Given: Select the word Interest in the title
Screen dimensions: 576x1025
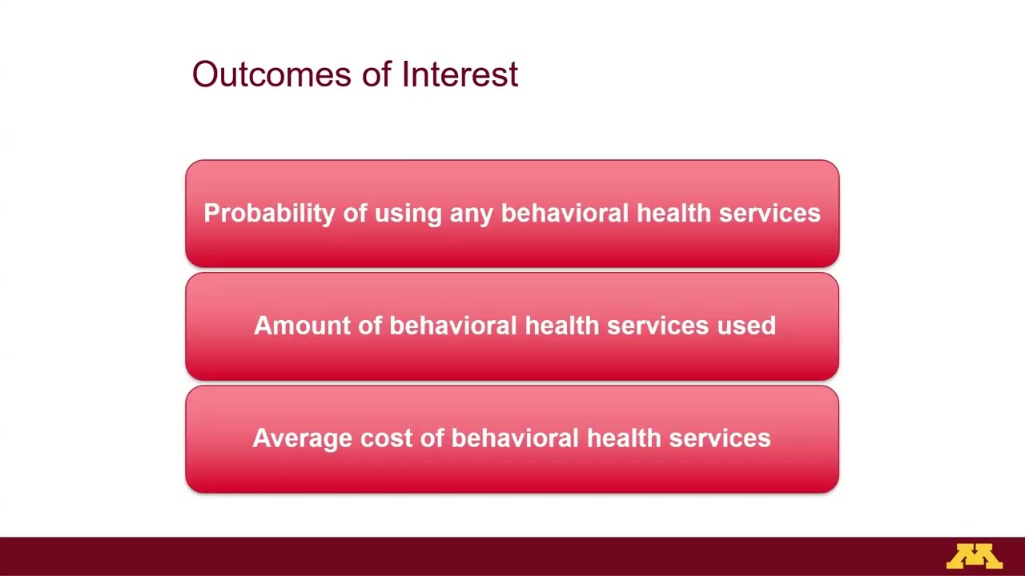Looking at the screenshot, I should [460, 74].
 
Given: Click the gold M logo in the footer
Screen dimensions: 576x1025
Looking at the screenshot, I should [974, 556].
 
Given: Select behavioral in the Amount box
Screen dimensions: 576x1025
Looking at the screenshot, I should [453, 326].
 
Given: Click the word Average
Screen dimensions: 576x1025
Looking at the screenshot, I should [302, 438].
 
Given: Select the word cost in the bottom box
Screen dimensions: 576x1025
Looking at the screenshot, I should [380, 438].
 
